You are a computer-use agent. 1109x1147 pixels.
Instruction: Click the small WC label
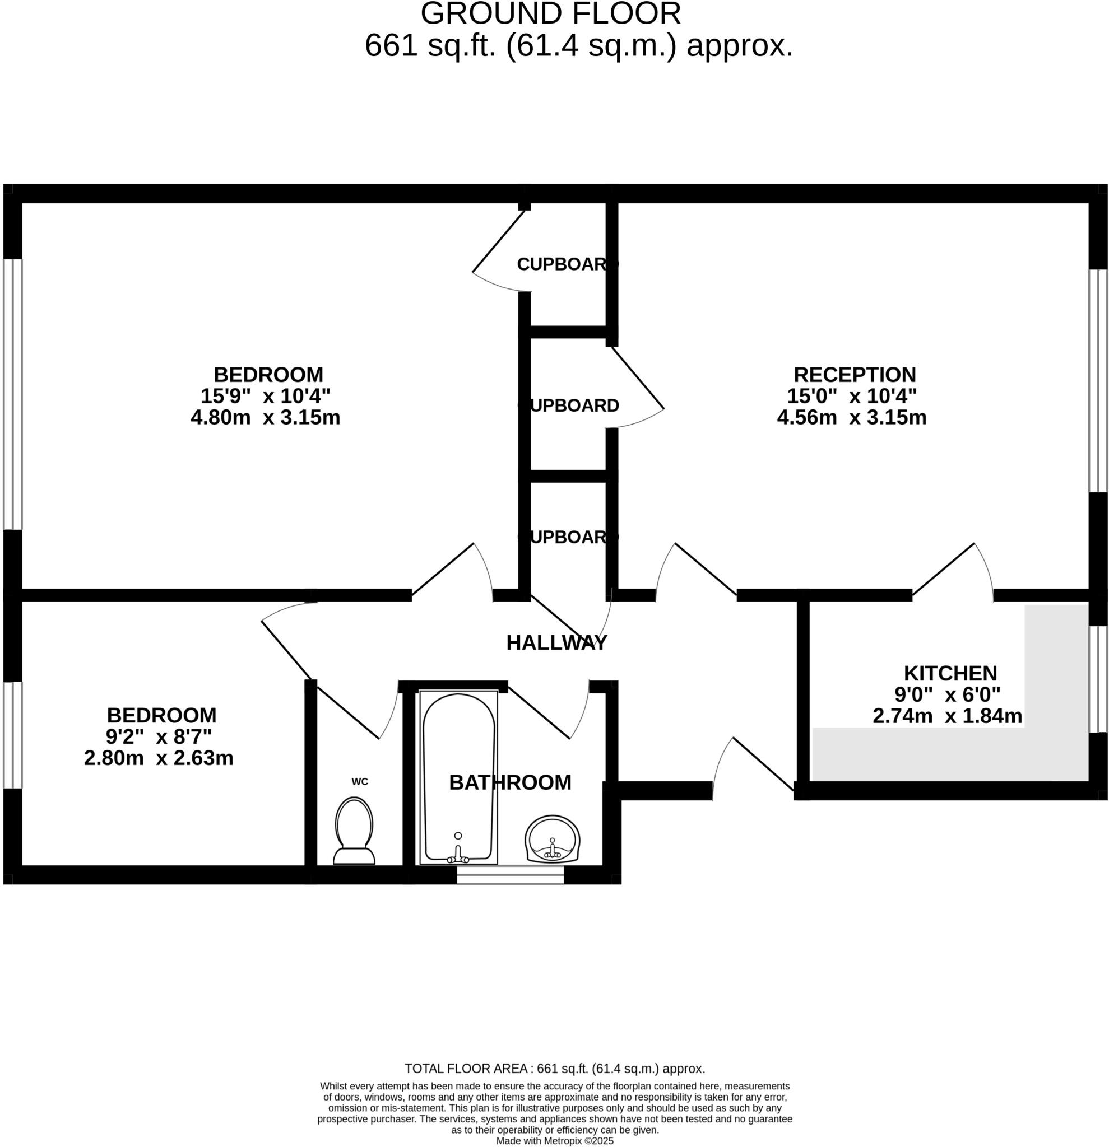tap(360, 782)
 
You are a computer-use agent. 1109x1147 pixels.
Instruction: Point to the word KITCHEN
tap(950, 673)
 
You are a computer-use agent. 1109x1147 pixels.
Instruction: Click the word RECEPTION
tap(854, 375)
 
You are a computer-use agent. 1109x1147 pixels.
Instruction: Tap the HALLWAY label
tap(556, 642)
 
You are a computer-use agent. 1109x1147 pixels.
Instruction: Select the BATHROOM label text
tap(510, 782)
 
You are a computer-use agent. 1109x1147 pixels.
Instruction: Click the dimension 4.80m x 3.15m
tap(265, 418)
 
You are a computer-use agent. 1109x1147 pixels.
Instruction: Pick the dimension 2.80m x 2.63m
tap(159, 758)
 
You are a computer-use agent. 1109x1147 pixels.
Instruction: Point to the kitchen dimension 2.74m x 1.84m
tap(947, 716)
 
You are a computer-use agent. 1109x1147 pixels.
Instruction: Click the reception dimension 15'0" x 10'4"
tap(851, 396)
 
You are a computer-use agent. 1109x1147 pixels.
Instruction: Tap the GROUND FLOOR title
tap(550, 14)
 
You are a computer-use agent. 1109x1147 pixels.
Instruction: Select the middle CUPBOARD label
tap(568, 405)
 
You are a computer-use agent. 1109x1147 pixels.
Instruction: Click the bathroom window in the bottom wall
tap(510, 875)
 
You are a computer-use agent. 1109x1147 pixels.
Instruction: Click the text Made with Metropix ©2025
tap(555, 1141)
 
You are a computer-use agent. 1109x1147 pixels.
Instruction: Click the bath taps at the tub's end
tap(458, 857)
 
